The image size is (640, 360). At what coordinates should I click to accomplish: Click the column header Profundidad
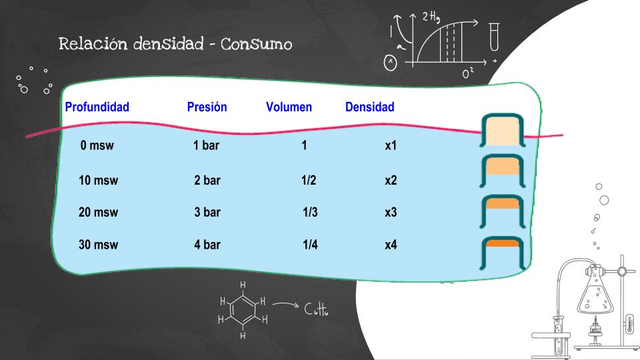click(97, 107)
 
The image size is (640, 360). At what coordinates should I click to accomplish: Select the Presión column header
click(207, 107)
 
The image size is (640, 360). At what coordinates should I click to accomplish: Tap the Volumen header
click(289, 107)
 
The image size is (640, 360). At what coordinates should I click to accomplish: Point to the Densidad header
click(369, 107)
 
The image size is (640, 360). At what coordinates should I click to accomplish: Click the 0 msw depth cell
click(97, 145)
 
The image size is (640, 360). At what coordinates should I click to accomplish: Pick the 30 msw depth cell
click(98, 245)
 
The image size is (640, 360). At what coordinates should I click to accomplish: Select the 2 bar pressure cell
click(207, 180)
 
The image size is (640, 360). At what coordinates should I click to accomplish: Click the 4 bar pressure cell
click(207, 245)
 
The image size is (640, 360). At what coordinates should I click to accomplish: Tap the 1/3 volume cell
click(310, 213)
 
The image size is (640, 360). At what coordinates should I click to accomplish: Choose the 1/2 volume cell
click(309, 180)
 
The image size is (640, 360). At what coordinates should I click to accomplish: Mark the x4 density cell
click(391, 245)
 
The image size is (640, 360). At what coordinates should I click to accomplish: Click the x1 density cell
click(391, 145)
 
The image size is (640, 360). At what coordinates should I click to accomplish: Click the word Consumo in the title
click(257, 45)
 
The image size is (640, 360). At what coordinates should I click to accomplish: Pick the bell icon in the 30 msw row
click(503, 253)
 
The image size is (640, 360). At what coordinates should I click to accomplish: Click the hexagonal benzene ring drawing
click(243, 310)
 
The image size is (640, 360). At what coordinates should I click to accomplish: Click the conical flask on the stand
click(594, 293)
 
